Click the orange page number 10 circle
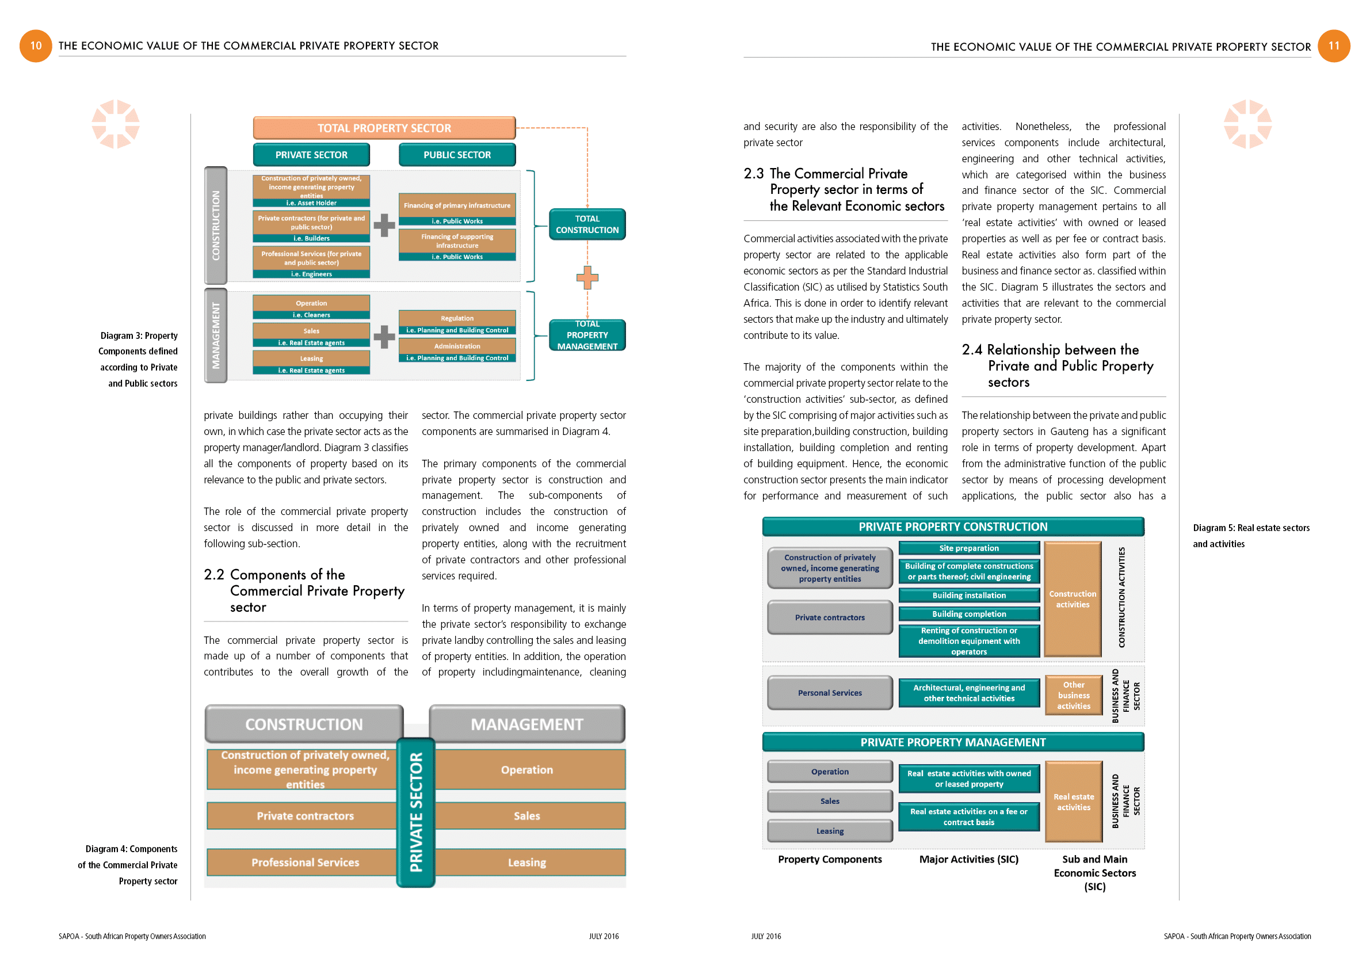[x=35, y=46]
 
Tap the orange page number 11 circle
[x=1334, y=46]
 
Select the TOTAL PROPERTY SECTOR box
[x=384, y=128]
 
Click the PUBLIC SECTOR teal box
[x=456, y=155]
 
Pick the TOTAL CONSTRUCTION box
[x=586, y=224]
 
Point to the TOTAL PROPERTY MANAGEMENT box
[x=586, y=335]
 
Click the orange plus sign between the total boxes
[x=587, y=277]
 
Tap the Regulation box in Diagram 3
[x=456, y=319]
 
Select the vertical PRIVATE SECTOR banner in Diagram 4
[x=416, y=812]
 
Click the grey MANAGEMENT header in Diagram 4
[x=526, y=724]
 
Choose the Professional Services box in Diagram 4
[x=305, y=862]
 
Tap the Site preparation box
[x=968, y=548]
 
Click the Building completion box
[x=968, y=614]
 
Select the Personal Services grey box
[x=829, y=693]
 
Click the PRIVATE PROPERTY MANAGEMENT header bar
[x=952, y=742]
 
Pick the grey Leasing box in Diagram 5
[x=829, y=830]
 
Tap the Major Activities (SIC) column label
[x=968, y=859]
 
